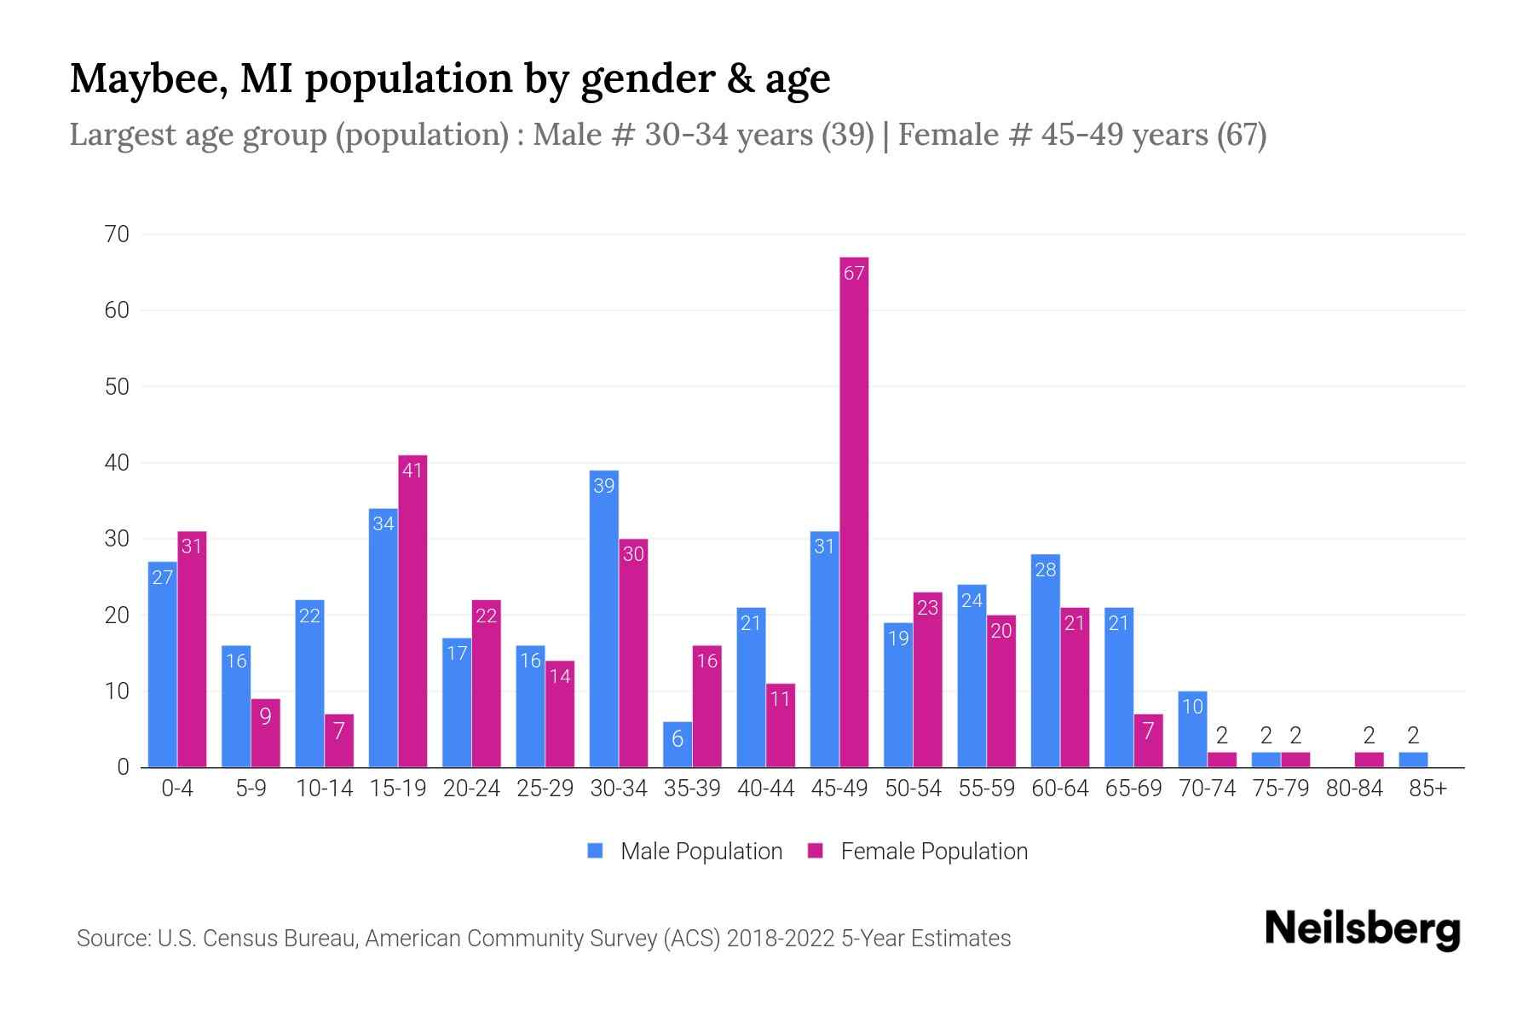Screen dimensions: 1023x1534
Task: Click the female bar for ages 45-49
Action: coord(854,511)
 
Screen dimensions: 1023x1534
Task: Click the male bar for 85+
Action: coord(1413,760)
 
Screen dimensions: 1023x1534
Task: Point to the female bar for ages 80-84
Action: coord(1369,760)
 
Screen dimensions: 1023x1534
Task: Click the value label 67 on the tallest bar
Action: coord(854,273)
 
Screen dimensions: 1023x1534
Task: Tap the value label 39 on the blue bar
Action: coord(603,486)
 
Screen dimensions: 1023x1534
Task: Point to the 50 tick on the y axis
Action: coord(117,386)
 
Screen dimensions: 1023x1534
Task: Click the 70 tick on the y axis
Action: coord(117,234)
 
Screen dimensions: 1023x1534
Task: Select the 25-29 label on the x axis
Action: coord(545,789)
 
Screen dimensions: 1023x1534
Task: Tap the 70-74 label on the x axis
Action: coord(1207,789)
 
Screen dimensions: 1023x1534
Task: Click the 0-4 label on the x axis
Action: coord(177,789)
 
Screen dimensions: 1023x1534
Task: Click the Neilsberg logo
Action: coord(1362,929)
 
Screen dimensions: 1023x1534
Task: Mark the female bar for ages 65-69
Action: coord(1148,740)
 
